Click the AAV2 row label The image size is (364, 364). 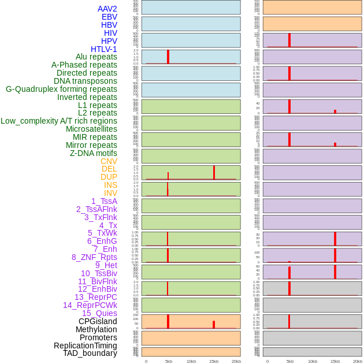107,9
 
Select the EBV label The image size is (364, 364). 109,17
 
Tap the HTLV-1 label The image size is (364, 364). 103,49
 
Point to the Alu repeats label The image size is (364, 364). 96,57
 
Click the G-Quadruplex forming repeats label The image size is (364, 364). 61,89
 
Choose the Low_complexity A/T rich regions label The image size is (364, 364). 59,121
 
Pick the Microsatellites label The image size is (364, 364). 91,129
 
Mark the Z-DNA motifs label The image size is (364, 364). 94,153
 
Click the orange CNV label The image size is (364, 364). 109,161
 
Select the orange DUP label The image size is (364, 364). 109,177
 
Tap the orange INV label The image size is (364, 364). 110,193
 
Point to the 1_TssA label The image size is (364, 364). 104,201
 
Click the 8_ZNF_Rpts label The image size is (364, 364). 94,257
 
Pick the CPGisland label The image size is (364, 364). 98,321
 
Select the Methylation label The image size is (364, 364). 96,329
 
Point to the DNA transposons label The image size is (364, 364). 86,81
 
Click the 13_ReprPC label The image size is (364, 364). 95,297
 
